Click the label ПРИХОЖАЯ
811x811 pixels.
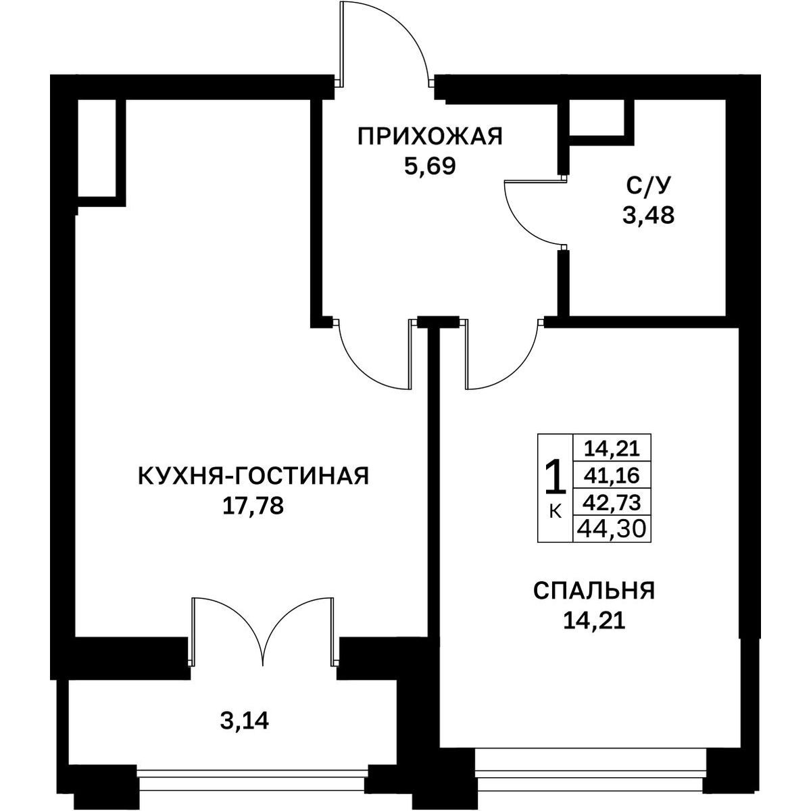(430, 137)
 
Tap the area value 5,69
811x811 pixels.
(430, 167)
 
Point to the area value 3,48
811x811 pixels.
(648, 216)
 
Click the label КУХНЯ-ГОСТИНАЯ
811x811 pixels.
(253, 476)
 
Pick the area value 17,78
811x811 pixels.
(253, 506)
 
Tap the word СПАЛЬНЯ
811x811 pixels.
(594, 591)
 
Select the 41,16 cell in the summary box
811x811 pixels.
(612, 476)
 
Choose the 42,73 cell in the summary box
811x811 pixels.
(612, 501)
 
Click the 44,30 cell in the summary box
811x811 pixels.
(612, 529)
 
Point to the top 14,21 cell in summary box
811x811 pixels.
(612, 449)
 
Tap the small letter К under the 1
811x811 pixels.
(555, 512)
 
